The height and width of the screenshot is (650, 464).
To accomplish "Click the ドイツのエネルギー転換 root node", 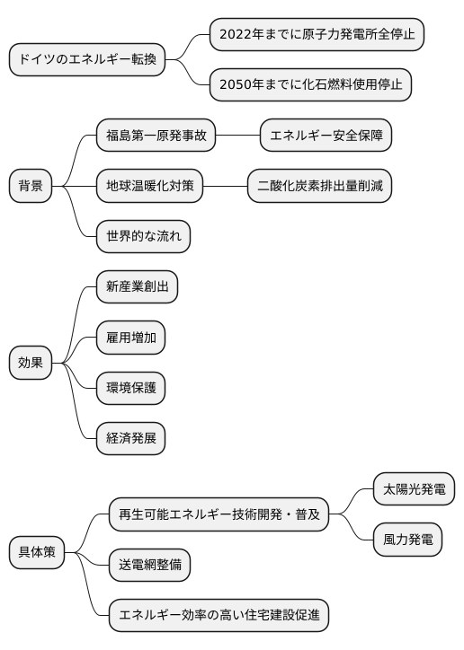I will click(87, 60).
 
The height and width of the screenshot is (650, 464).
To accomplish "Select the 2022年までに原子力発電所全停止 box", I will click(317, 35).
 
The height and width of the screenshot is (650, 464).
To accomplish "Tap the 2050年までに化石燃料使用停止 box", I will click(310, 85).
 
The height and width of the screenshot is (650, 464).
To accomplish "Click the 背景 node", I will click(31, 187).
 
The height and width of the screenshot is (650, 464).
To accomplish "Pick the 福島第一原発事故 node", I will click(156, 136).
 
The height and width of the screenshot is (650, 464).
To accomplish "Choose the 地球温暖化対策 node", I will click(150, 187).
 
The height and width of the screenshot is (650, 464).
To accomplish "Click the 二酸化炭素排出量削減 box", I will click(320, 187).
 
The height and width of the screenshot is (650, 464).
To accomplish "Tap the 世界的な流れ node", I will click(144, 237).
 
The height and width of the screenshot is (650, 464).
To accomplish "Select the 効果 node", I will click(31, 363).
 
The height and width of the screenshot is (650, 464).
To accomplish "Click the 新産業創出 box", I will click(138, 287).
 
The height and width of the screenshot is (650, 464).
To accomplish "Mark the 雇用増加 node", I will click(131, 338).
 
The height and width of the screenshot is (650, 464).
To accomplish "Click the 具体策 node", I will click(37, 552).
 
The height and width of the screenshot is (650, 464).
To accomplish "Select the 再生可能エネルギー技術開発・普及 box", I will click(219, 515).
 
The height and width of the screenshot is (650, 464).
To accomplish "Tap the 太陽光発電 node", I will click(414, 490).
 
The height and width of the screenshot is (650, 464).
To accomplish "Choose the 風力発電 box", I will click(407, 540).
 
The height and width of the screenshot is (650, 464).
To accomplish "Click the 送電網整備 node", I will click(150, 566).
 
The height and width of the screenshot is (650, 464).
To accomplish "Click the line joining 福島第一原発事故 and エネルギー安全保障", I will click(237, 136).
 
